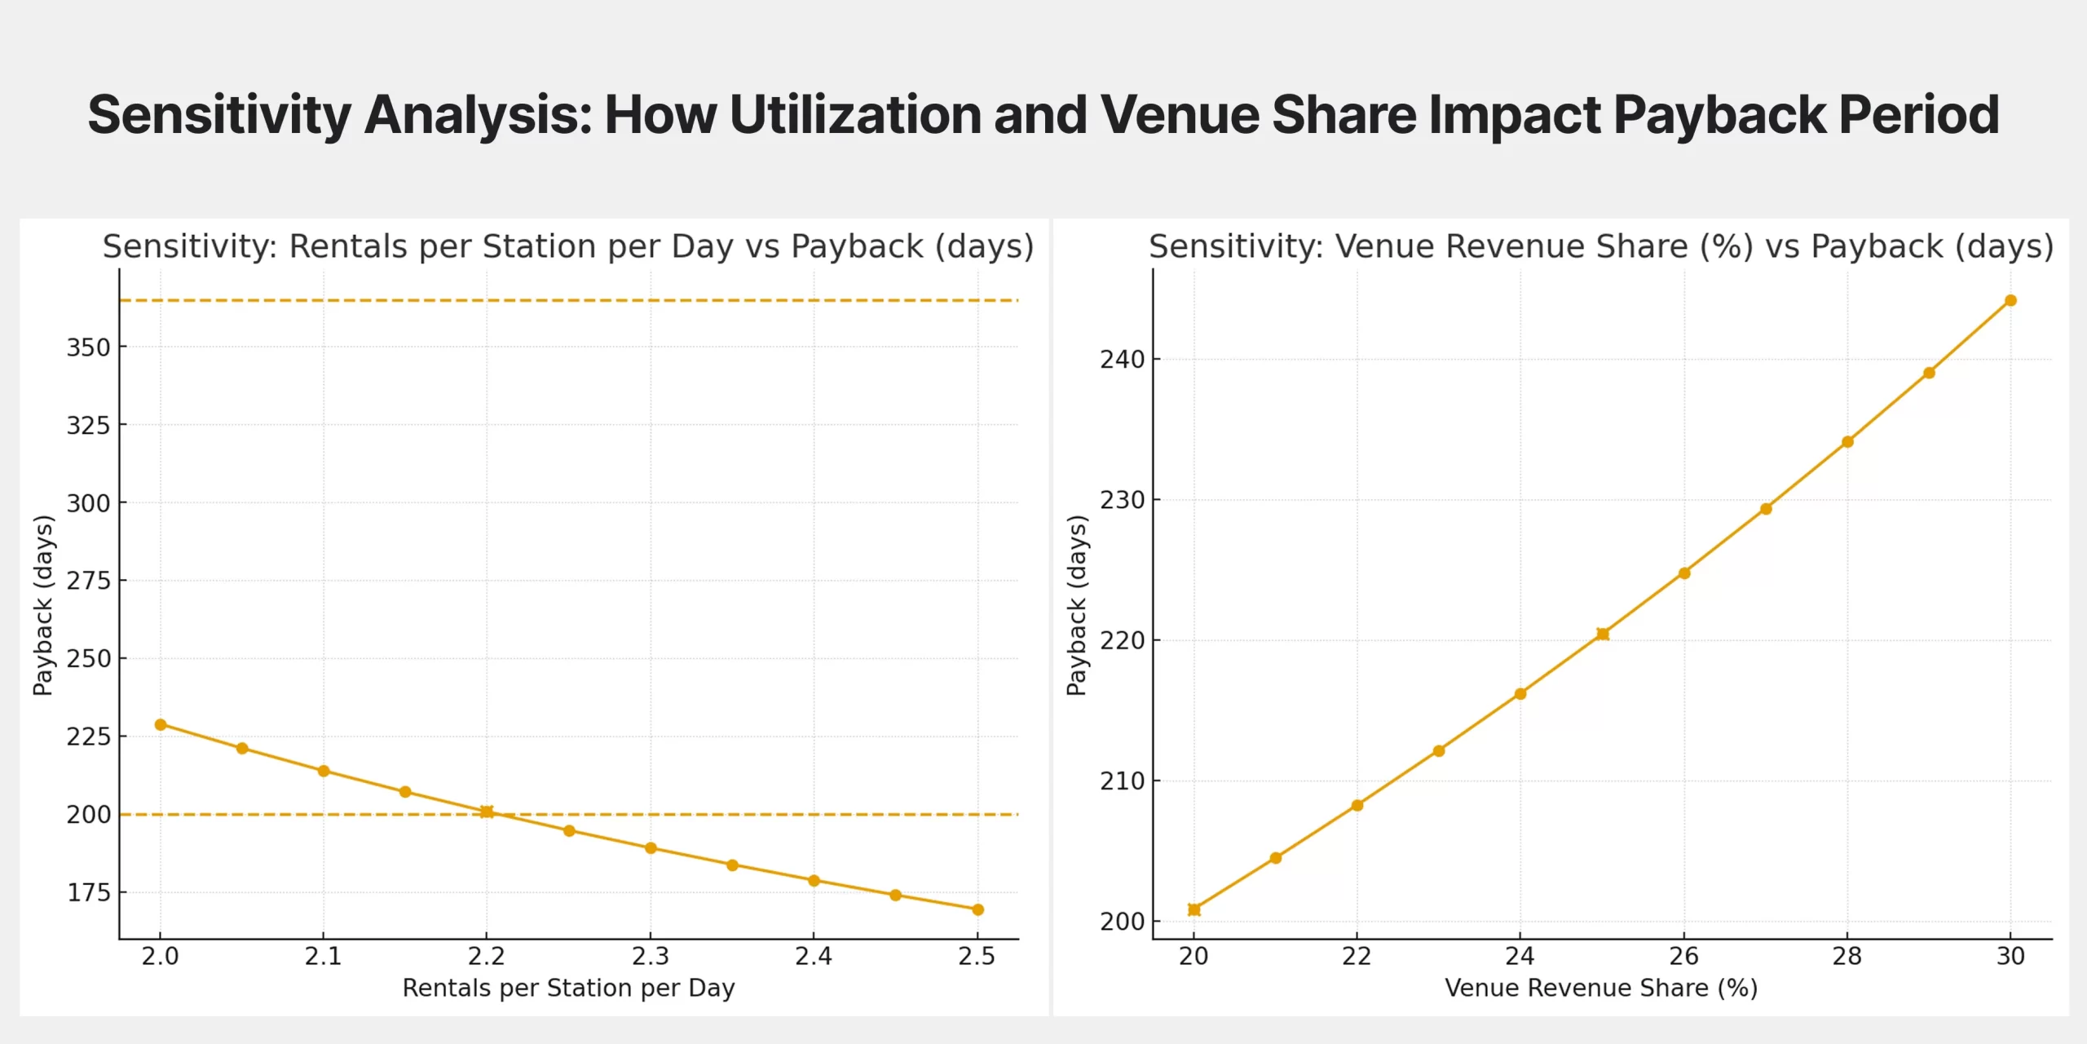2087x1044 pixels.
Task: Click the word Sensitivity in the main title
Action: [x=219, y=115]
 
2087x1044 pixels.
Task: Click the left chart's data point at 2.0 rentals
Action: [x=161, y=724]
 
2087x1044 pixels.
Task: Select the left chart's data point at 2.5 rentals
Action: [x=977, y=909]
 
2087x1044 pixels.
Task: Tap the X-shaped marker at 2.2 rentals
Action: [x=487, y=812]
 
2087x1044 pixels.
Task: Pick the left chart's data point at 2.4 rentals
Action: [x=814, y=881]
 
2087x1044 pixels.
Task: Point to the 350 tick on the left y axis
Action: [x=88, y=347]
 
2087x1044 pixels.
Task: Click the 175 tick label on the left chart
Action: [x=88, y=892]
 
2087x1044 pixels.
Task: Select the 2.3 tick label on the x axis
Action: [x=651, y=956]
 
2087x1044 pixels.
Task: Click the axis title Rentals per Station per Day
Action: [x=568, y=989]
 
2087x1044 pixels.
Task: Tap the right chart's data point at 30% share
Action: [x=2010, y=301]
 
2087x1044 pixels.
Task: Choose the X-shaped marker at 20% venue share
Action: [x=1194, y=909]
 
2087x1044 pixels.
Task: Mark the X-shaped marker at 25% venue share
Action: [x=1603, y=634]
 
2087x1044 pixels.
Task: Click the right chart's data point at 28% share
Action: [x=1847, y=442]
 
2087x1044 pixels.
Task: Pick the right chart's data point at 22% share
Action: [x=1357, y=805]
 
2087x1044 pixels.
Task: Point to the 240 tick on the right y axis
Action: [x=1122, y=360]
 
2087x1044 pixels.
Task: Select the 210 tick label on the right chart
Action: [x=1122, y=781]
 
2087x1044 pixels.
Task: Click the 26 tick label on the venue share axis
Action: [x=1683, y=956]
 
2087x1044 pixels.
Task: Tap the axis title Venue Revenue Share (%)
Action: [x=1601, y=989]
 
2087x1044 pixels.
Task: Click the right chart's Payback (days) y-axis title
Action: [x=1077, y=604]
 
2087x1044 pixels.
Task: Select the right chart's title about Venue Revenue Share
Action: [x=1600, y=246]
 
